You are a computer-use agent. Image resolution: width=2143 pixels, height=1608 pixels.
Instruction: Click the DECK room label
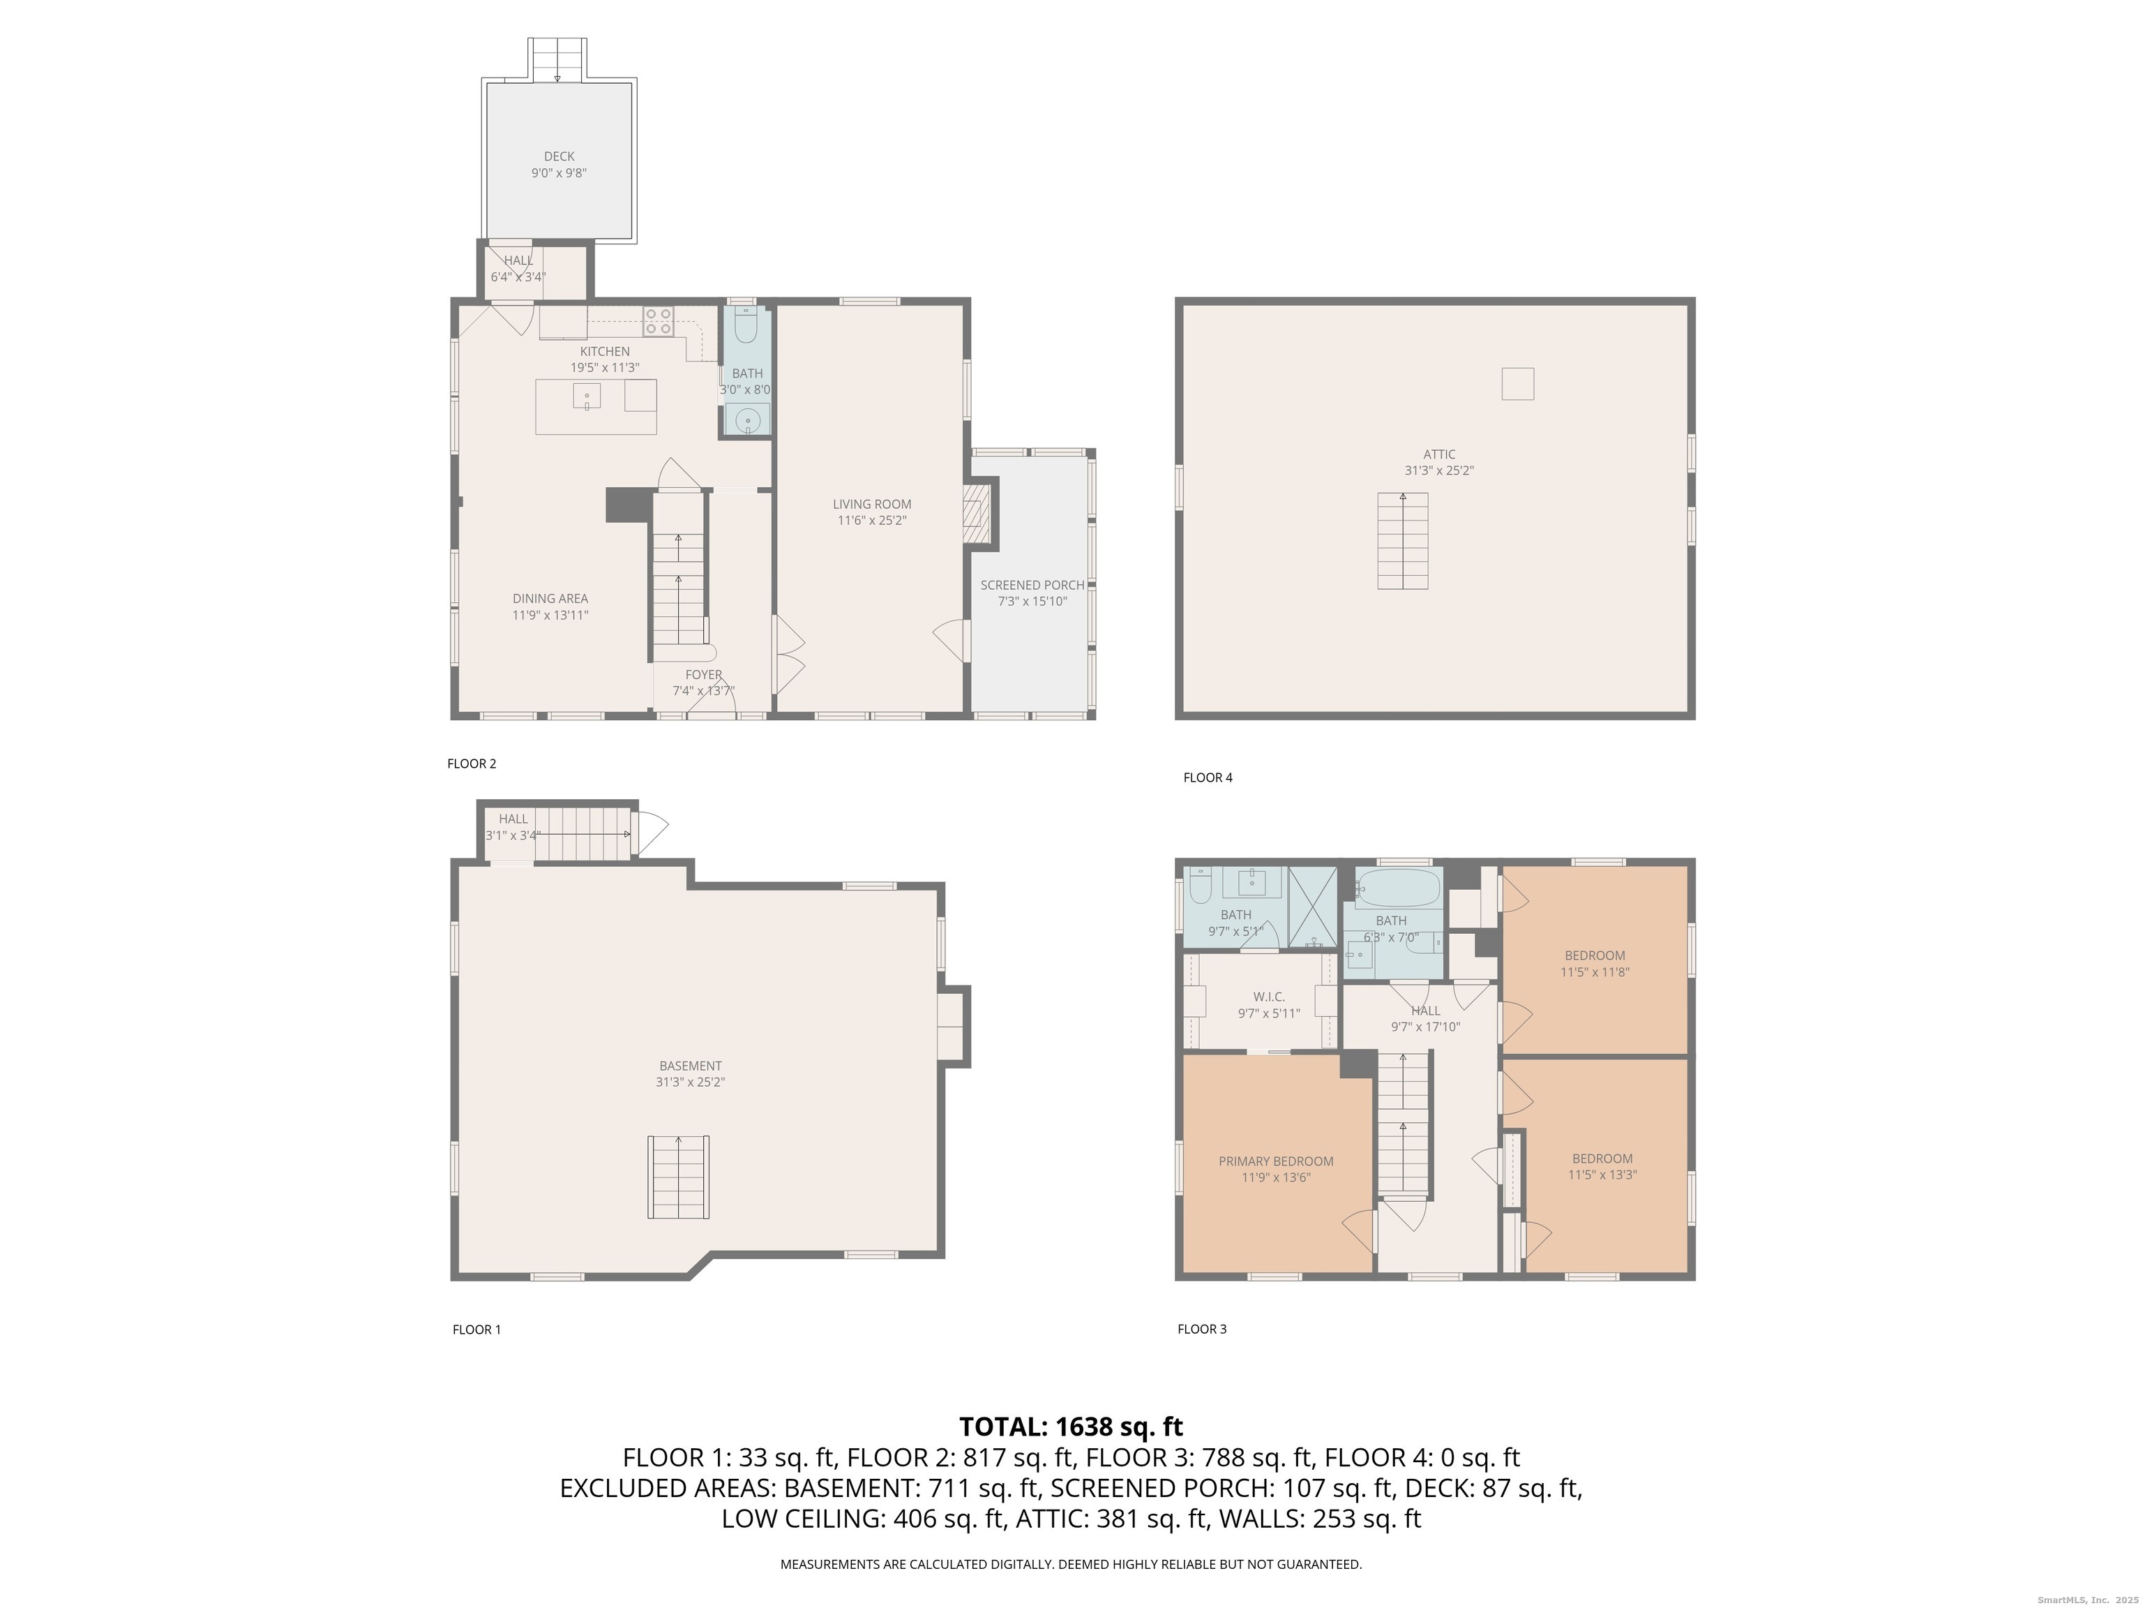(559, 156)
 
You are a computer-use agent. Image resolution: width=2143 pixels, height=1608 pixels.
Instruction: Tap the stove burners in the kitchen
(659, 321)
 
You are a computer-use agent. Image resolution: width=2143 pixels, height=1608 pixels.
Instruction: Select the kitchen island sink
(586, 397)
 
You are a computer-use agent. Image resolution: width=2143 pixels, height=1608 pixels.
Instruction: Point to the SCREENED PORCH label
(1032, 586)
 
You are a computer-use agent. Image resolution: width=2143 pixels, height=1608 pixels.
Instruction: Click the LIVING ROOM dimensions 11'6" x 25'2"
(872, 521)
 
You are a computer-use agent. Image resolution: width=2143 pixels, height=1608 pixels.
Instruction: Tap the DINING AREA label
(550, 599)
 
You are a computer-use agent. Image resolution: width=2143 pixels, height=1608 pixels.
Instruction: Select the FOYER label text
(703, 675)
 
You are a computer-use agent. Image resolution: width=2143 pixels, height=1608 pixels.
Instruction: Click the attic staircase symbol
(1402, 541)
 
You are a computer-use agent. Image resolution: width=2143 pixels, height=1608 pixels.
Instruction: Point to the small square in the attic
(1517, 384)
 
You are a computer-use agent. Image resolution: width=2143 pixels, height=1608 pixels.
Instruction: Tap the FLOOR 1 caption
(476, 1330)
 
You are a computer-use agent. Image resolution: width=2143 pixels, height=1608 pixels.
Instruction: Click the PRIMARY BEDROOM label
(1275, 1161)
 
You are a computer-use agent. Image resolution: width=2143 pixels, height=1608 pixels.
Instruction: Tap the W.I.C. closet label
(1268, 997)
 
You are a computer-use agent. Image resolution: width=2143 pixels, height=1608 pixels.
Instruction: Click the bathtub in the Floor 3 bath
(1397, 886)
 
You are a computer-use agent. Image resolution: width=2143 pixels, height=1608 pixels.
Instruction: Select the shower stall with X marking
(1311, 907)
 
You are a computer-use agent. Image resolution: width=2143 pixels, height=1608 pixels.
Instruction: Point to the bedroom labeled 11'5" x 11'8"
(1595, 963)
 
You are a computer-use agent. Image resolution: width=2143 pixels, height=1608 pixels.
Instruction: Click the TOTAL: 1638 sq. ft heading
(1071, 1427)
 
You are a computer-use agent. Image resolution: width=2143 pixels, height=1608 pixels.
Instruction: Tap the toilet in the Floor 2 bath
(746, 327)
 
